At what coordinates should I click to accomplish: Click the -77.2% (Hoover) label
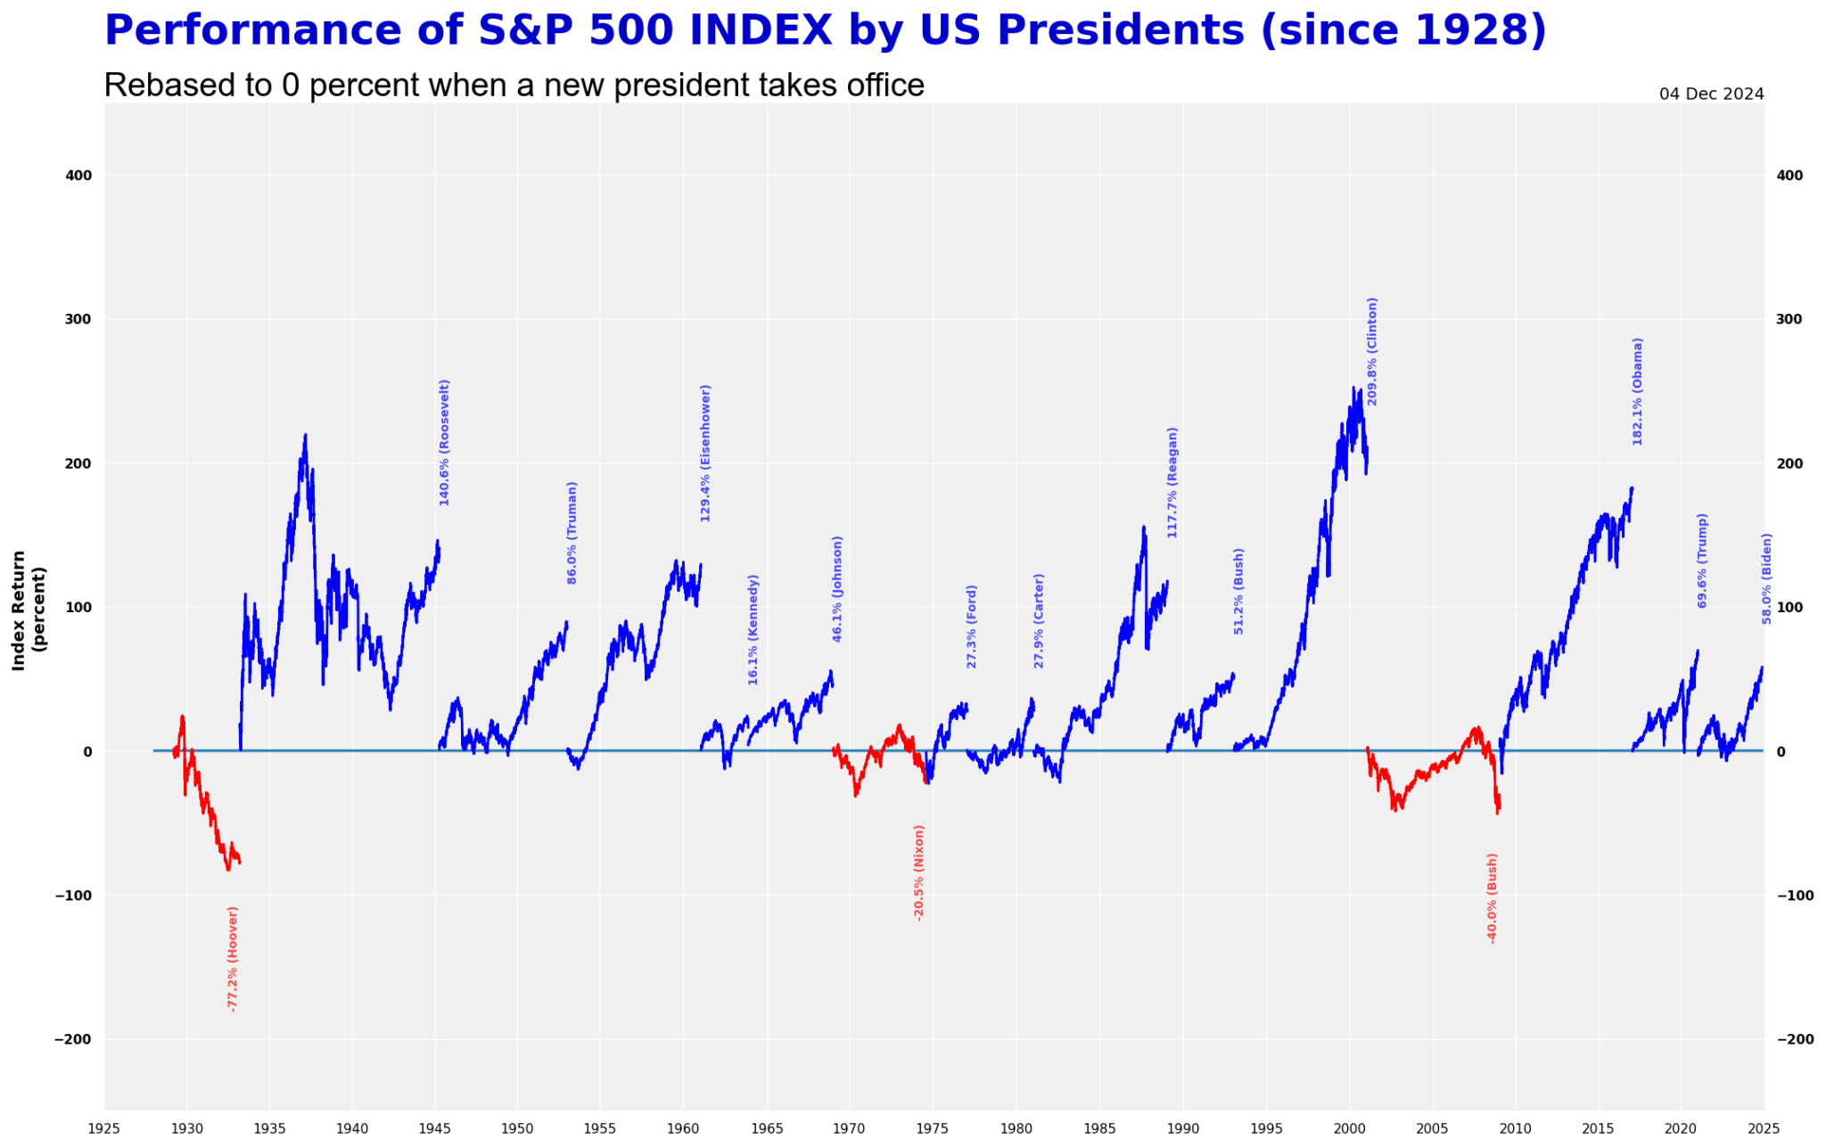[233, 958]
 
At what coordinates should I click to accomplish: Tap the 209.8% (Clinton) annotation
[1372, 351]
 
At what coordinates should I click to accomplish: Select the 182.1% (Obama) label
[1637, 391]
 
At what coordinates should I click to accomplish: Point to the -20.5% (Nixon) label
[918, 872]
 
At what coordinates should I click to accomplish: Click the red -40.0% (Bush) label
[1492, 897]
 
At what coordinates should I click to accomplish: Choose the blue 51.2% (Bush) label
[1238, 590]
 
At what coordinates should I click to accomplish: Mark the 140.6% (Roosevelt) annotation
[444, 442]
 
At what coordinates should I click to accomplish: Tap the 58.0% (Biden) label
[1766, 578]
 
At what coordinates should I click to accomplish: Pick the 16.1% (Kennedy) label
[753, 629]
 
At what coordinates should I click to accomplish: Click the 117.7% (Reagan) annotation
[1172, 482]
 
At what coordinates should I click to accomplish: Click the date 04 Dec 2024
[1711, 94]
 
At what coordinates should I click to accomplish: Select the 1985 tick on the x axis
[1098, 1128]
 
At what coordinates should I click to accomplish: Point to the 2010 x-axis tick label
[1514, 1128]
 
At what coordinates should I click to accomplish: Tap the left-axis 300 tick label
[79, 319]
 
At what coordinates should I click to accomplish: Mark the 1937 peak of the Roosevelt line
[305, 436]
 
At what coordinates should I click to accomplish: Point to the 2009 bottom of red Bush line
[1497, 813]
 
